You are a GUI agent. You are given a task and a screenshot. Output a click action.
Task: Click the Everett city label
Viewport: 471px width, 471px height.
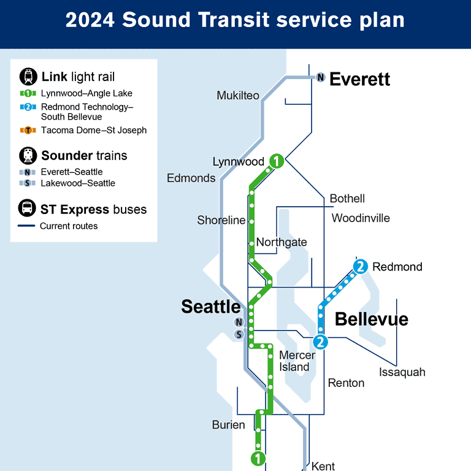coord(360,79)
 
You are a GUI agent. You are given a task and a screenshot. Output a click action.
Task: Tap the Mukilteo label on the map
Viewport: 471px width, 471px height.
coord(238,96)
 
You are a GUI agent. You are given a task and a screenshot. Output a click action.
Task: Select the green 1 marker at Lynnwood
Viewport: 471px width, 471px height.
coord(277,161)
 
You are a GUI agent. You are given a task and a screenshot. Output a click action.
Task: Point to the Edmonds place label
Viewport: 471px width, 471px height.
coord(191,178)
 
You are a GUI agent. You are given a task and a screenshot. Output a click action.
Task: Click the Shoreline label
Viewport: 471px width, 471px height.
coord(221,220)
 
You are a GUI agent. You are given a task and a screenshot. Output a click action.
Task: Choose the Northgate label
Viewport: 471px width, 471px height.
coord(281,242)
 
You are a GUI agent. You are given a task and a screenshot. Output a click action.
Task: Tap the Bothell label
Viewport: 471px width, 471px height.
coord(347,199)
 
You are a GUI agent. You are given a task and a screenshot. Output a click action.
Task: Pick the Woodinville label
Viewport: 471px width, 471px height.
coord(361,218)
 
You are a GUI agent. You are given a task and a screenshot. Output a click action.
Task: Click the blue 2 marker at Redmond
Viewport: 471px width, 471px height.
coord(361,266)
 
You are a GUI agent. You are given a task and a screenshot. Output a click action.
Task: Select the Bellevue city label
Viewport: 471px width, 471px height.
coord(372,319)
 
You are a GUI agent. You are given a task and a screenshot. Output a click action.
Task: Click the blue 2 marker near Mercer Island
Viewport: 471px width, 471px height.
coord(320,342)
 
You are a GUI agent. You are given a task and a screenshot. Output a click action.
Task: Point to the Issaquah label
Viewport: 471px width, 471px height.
coord(402,372)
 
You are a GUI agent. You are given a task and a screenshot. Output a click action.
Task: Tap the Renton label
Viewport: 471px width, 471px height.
coord(346,383)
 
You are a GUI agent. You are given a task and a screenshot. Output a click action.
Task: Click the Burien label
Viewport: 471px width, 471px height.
coord(229,424)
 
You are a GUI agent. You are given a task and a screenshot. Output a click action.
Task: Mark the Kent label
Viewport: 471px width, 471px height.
coord(323,466)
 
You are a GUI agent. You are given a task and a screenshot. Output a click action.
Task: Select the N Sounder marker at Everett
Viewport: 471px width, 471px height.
coord(321,78)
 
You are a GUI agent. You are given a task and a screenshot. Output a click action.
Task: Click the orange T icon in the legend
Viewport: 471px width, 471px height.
coord(28,131)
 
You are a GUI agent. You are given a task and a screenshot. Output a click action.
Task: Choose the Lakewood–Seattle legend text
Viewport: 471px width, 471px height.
coord(78,183)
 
